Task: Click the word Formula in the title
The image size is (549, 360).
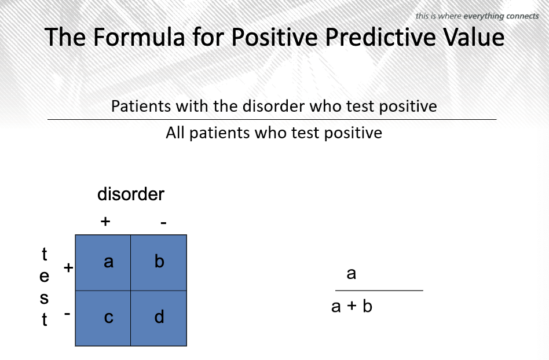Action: [x=139, y=36]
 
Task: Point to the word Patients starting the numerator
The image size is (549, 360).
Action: [x=141, y=106]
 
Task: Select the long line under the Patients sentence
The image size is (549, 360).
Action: [x=272, y=119]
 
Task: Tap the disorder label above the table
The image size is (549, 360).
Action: [x=131, y=194]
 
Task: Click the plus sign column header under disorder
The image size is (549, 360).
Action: [x=105, y=222]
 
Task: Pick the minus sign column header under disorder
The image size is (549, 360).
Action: [x=163, y=222]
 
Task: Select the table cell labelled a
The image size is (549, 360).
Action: [x=103, y=263]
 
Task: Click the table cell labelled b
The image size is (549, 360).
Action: [x=159, y=263]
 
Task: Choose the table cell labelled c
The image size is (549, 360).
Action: [x=103, y=318]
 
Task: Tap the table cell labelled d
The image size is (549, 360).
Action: [x=159, y=318]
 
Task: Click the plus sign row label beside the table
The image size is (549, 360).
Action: [x=68, y=268]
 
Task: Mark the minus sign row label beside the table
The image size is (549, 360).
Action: [x=67, y=314]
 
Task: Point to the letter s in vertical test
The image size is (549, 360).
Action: [x=44, y=299]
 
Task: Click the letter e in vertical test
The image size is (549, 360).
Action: [x=44, y=277]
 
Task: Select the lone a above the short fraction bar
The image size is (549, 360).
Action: [x=351, y=274]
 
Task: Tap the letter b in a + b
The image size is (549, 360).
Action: [x=367, y=306]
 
